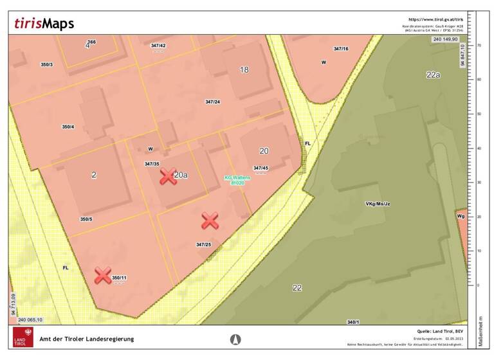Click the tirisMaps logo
(x=44, y=23)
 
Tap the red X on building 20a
(x=168, y=176)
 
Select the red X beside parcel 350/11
(x=103, y=276)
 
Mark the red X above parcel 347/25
(x=210, y=221)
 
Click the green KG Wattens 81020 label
(x=237, y=180)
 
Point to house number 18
(x=244, y=69)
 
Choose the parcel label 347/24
(x=213, y=102)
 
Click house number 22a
(x=433, y=75)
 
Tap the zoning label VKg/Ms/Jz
(x=378, y=204)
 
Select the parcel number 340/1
(x=352, y=321)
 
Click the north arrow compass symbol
(x=235, y=339)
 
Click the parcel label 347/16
(x=341, y=49)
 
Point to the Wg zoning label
(x=461, y=217)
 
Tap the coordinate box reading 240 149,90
(x=444, y=39)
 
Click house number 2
(x=94, y=175)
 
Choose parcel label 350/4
(x=68, y=127)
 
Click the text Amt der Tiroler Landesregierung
(x=87, y=339)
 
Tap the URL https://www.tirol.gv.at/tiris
(x=435, y=20)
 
